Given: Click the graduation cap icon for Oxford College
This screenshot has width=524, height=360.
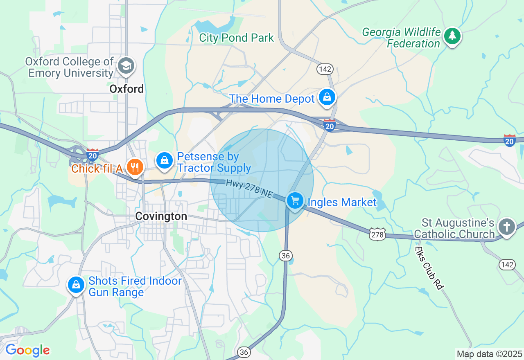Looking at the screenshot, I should pyautogui.click(x=126, y=66).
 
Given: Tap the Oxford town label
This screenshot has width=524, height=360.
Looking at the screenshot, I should pyautogui.click(x=126, y=89).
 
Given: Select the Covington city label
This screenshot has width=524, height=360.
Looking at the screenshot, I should pyautogui.click(x=161, y=216).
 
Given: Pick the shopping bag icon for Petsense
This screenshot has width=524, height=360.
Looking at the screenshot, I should pyautogui.click(x=165, y=160).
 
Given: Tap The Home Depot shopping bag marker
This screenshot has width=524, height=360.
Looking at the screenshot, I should pyautogui.click(x=327, y=97).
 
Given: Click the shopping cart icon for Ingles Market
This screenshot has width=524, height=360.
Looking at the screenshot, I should pyautogui.click(x=295, y=200).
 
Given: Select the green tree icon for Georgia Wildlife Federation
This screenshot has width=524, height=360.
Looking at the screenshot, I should pyautogui.click(x=452, y=36).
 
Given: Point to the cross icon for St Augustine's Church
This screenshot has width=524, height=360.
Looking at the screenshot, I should pyautogui.click(x=507, y=226).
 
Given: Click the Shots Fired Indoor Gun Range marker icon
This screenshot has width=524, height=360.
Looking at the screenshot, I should pyautogui.click(x=76, y=285).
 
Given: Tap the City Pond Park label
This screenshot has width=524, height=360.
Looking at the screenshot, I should pyautogui.click(x=236, y=38).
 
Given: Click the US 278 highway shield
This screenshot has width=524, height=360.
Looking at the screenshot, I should pyautogui.click(x=377, y=234).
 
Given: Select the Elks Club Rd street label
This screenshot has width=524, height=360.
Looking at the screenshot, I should pyautogui.click(x=429, y=268).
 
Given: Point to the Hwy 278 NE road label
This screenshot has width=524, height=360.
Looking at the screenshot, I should pyautogui.click(x=249, y=190).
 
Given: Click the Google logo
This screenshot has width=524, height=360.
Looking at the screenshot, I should pyautogui.click(x=27, y=351).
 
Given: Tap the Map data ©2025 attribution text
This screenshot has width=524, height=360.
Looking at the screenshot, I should pyautogui.click(x=489, y=354).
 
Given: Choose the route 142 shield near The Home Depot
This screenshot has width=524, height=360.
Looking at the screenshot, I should pyautogui.click(x=324, y=69).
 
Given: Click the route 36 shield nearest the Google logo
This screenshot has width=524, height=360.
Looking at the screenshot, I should pyautogui.click(x=244, y=352).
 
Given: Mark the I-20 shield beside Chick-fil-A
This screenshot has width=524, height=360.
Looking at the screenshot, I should pyautogui.click(x=93, y=155).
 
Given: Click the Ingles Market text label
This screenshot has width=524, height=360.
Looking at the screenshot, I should pyautogui.click(x=342, y=202).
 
